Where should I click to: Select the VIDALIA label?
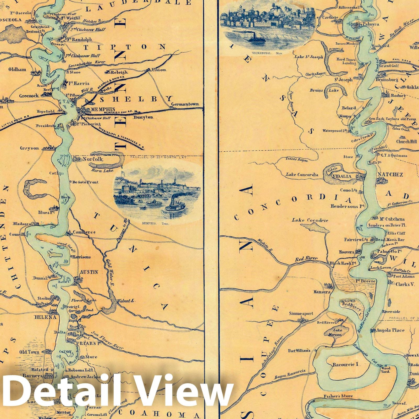(342, 176)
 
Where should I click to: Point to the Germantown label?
(185, 104)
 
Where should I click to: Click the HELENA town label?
(45, 317)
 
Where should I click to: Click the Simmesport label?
(301, 313)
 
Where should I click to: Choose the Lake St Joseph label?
(309, 57)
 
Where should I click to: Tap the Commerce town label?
(84, 232)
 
